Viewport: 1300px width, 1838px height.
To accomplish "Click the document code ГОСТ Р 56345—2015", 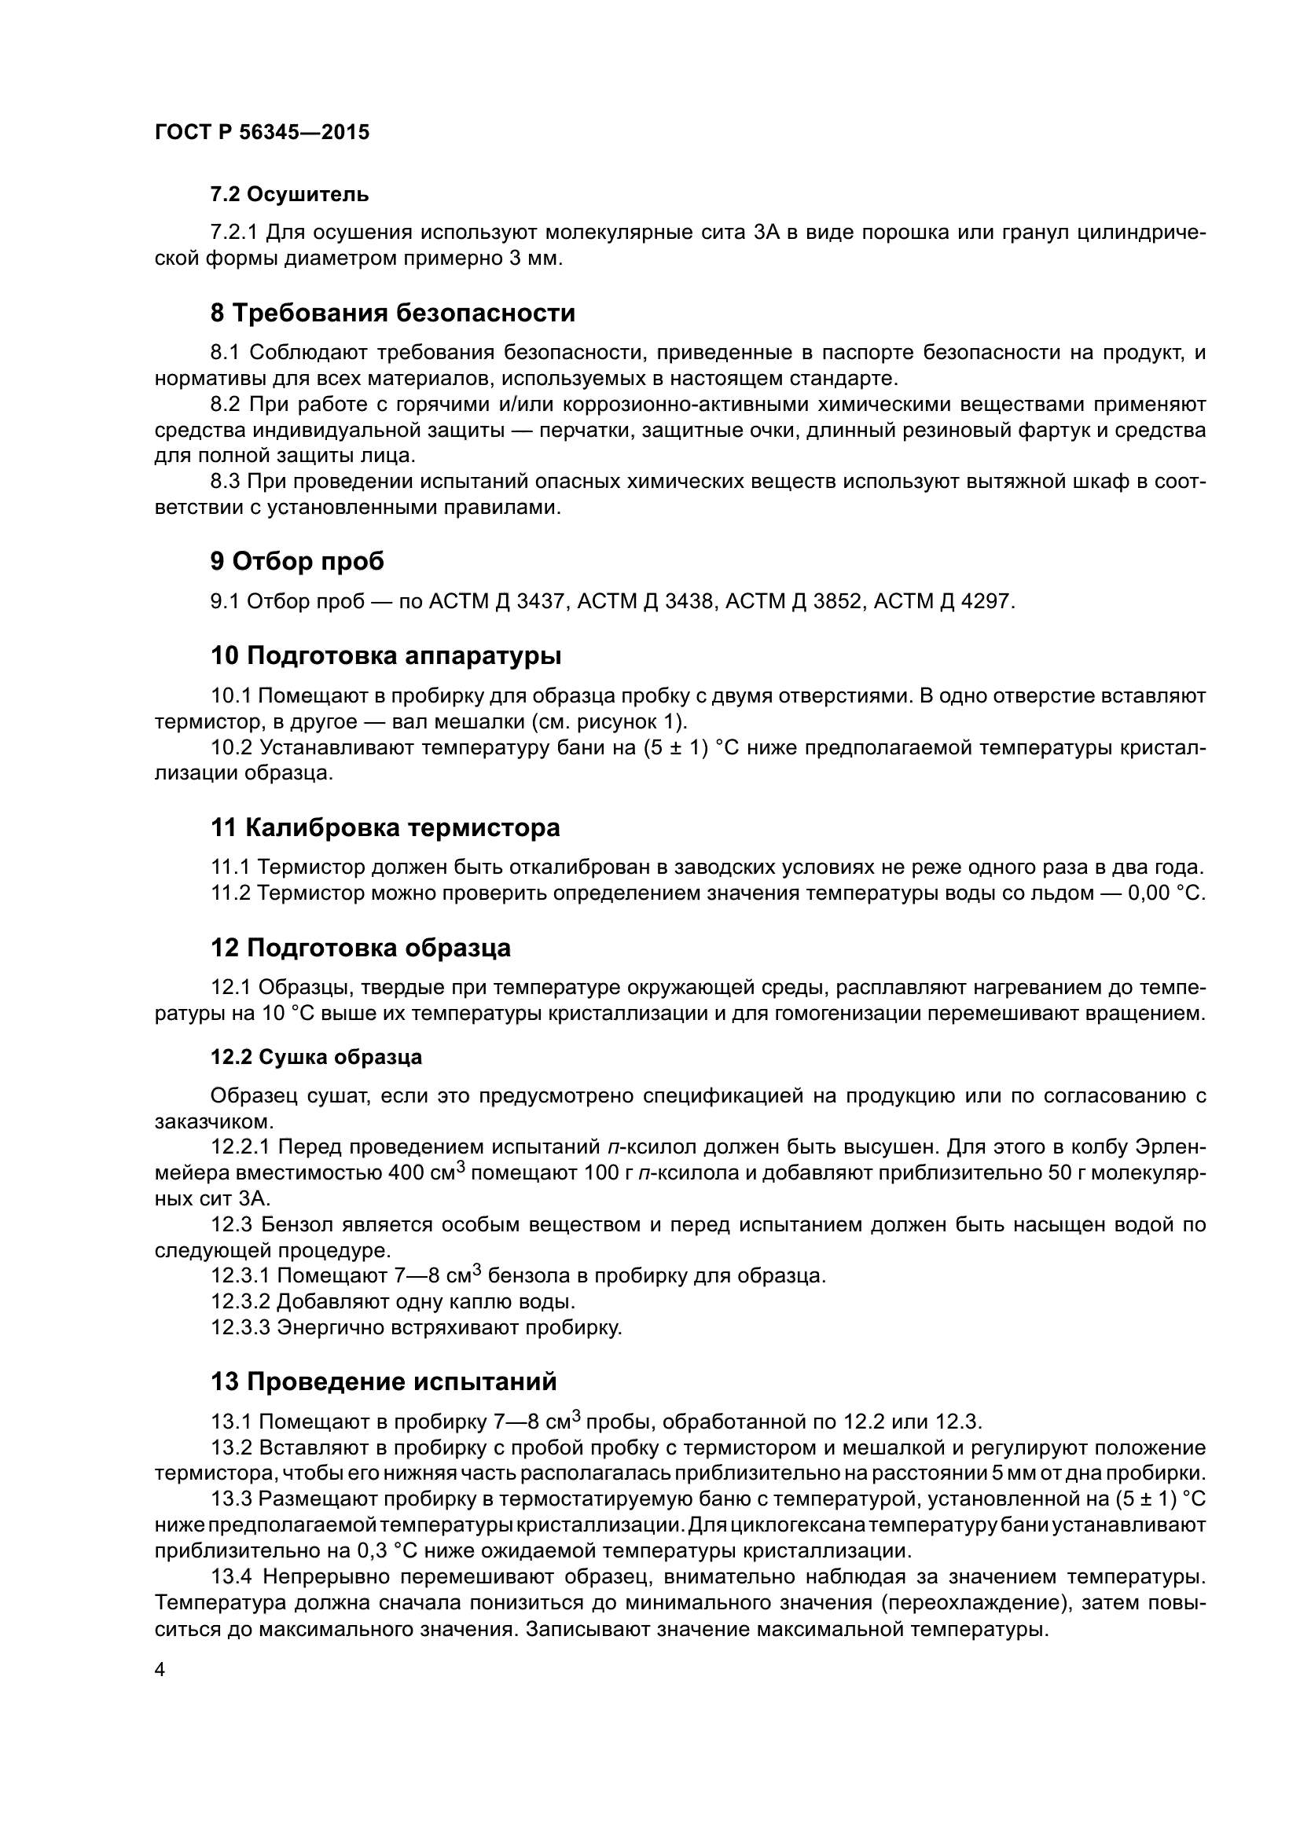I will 262,132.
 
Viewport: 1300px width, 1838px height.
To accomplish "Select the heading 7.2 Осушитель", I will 289,194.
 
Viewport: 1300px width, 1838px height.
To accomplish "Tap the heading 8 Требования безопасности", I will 392,312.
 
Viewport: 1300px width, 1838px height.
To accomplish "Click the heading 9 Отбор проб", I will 297,561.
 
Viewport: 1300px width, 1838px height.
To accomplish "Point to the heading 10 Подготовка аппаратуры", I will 385,655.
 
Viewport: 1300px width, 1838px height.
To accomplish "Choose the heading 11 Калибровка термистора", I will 385,827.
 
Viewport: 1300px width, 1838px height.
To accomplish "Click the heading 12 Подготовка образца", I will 360,948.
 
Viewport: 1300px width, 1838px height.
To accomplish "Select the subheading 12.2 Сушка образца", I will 316,1057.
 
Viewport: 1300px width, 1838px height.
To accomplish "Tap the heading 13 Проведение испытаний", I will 384,1381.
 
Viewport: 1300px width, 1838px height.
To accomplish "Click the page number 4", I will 160,1670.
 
